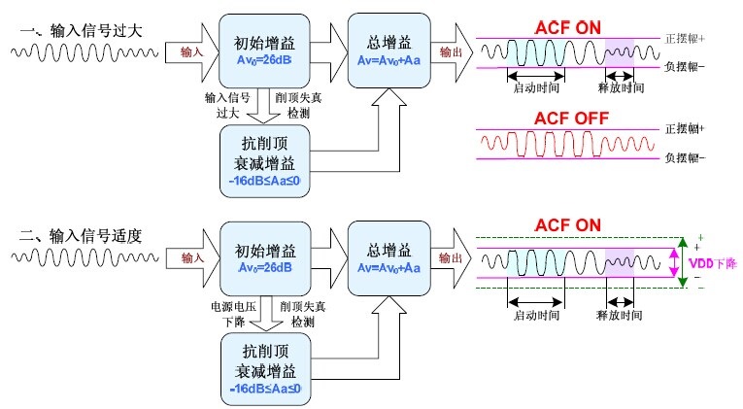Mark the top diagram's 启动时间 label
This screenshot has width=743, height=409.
(x=534, y=87)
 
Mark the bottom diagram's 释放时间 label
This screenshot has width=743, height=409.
(x=619, y=316)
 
